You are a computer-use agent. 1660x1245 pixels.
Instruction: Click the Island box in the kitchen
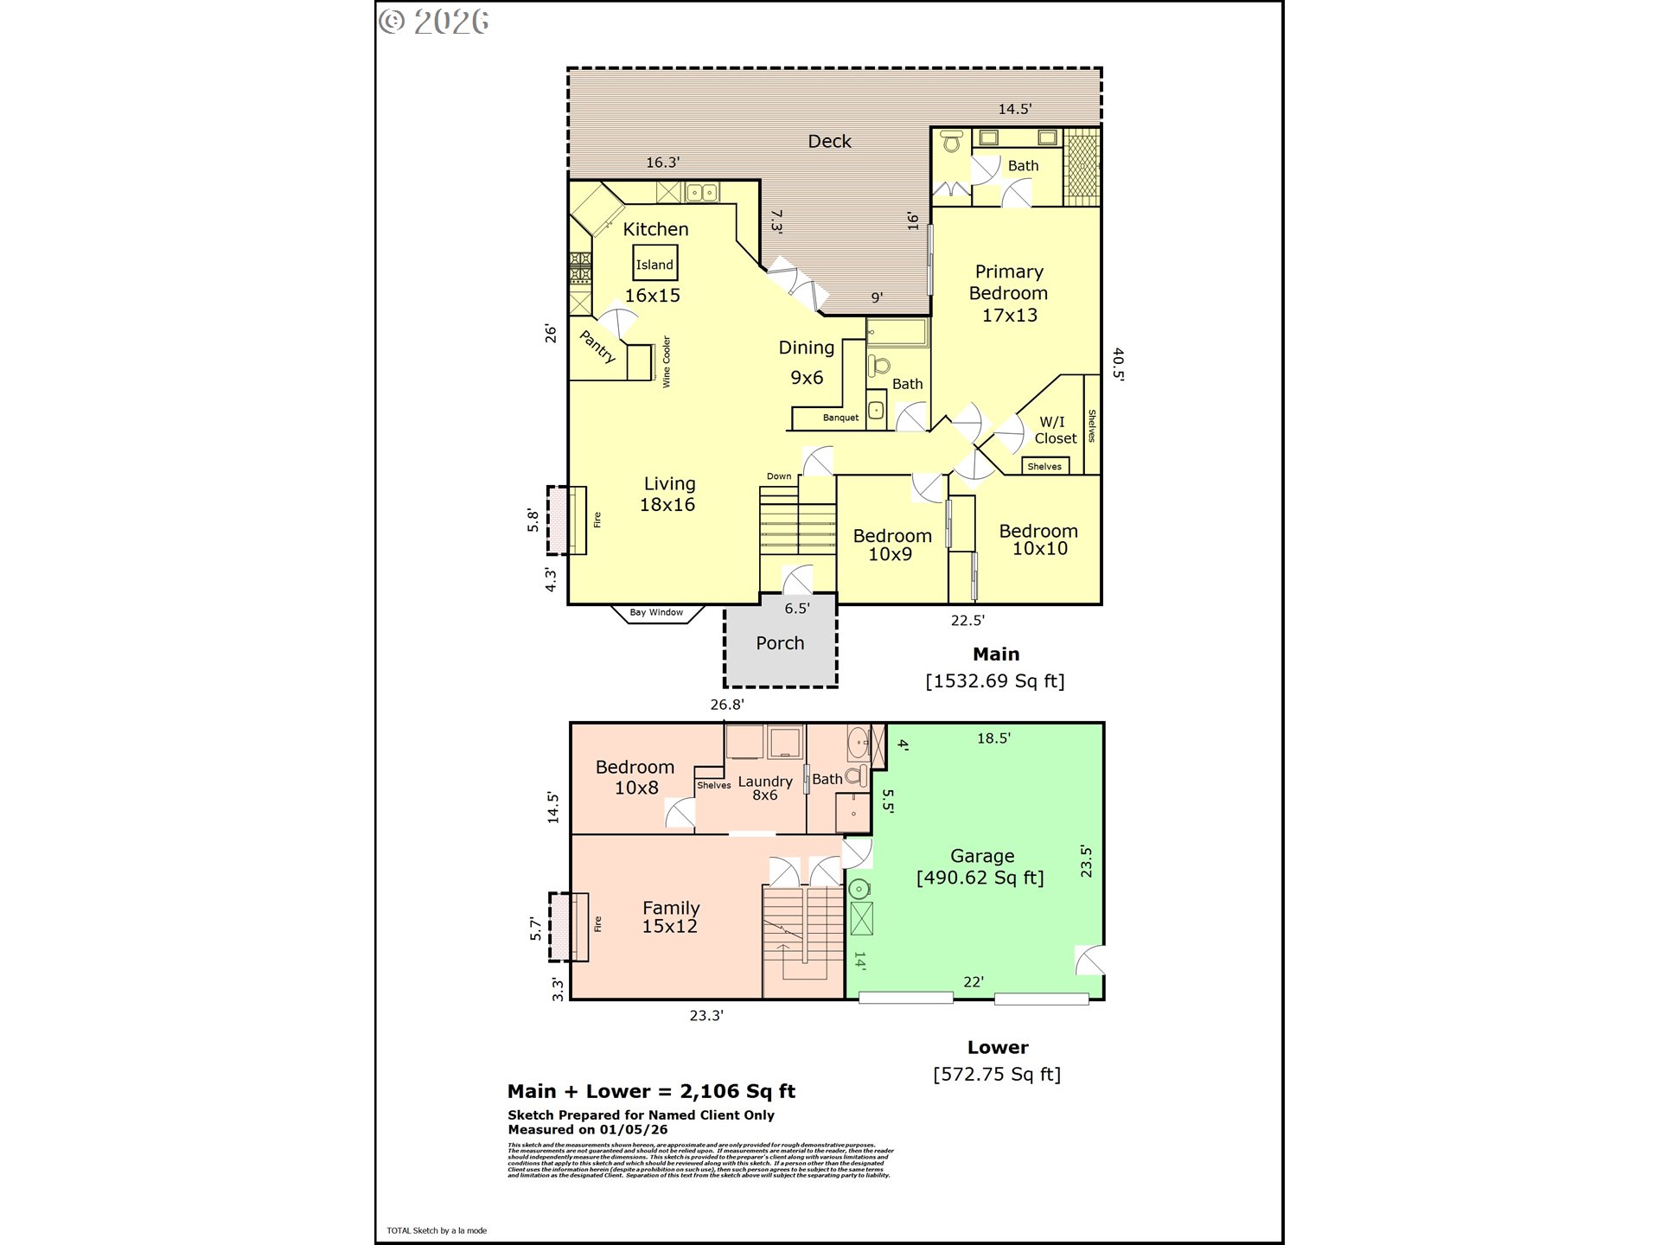(654, 264)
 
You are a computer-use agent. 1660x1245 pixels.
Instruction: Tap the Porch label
(780, 643)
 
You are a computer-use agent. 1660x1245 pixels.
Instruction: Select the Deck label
(829, 141)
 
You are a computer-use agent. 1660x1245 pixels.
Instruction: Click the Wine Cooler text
(667, 361)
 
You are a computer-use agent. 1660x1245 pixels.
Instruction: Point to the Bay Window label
(656, 612)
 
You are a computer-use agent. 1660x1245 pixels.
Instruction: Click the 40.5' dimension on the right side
(1118, 364)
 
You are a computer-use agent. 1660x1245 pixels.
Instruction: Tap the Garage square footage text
(980, 878)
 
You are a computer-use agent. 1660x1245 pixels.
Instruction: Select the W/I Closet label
(1055, 430)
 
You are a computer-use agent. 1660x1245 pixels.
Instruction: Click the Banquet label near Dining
(840, 418)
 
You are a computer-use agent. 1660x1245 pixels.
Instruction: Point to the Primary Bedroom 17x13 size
(1009, 316)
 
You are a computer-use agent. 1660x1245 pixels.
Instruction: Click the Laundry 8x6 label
(765, 788)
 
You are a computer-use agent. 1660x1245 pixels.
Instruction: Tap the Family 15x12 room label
(670, 917)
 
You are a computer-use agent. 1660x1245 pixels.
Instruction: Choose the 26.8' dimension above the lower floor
(727, 705)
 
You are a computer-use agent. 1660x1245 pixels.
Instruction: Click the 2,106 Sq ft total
(737, 1091)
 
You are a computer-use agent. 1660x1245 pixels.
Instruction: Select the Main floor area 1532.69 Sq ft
(994, 681)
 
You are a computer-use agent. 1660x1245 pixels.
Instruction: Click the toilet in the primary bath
(952, 142)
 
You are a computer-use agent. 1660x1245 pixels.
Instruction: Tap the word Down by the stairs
(779, 476)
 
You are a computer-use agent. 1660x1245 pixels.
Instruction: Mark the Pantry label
(597, 347)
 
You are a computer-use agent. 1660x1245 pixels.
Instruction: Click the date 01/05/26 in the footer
(634, 1130)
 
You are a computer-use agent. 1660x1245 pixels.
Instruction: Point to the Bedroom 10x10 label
(1038, 539)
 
